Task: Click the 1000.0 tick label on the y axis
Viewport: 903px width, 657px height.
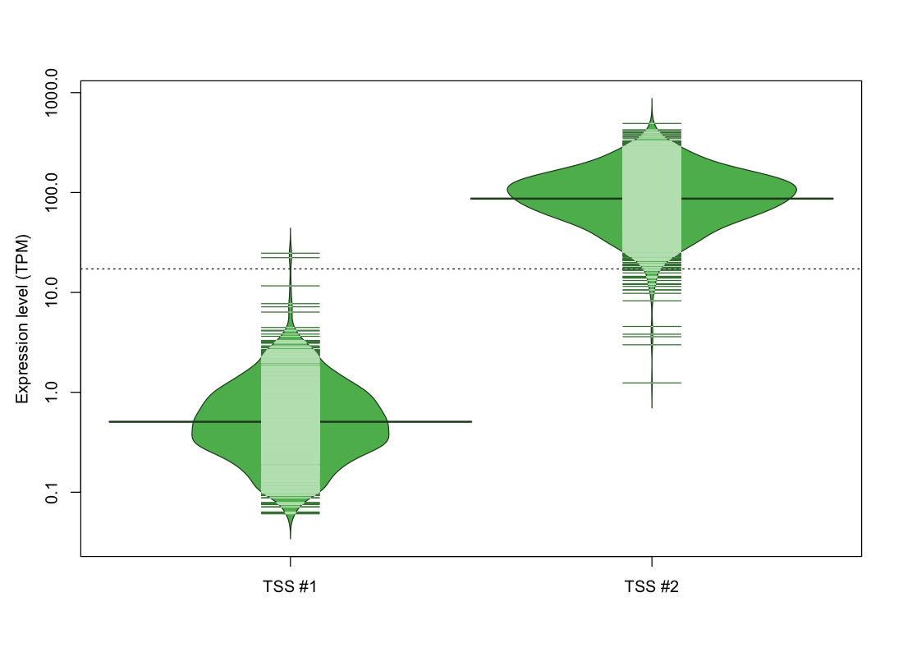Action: (51, 92)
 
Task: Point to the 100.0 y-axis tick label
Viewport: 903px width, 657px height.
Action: (51, 192)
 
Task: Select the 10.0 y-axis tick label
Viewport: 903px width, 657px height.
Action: (51, 292)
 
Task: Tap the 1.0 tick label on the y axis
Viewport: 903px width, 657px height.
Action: (51, 392)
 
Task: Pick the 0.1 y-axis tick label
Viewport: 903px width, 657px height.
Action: (51, 492)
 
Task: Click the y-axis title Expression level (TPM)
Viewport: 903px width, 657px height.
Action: (22, 319)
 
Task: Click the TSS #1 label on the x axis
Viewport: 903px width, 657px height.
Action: (290, 586)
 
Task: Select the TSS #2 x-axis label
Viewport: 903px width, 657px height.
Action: (651, 586)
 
